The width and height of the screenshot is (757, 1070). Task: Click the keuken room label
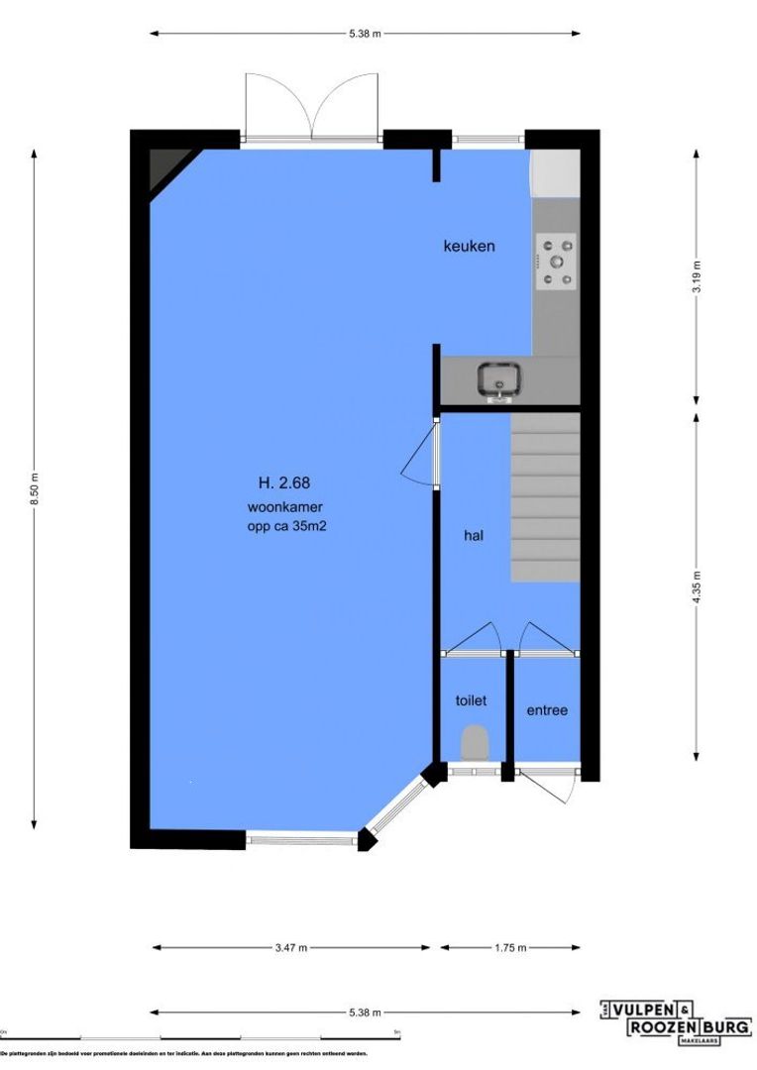coord(468,246)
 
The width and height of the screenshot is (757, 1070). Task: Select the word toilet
coord(471,700)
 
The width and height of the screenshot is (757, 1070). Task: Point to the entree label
coord(546,710)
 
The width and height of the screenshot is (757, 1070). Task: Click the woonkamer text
coord(285,507)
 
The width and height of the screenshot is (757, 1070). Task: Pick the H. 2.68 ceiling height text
coord(284,483)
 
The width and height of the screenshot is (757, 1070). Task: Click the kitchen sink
coord(498,380)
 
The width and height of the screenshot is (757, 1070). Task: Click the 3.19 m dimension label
coord(697,276)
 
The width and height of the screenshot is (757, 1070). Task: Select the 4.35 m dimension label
coord(697,588)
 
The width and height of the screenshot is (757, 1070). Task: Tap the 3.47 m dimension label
coord(290,948)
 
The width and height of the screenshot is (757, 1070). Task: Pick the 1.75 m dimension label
coord(508,948)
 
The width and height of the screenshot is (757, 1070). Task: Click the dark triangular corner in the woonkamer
coord(164,168)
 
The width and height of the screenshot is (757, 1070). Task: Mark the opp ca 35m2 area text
coord(287,527)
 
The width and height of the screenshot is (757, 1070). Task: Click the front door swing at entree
coord(555,789)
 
